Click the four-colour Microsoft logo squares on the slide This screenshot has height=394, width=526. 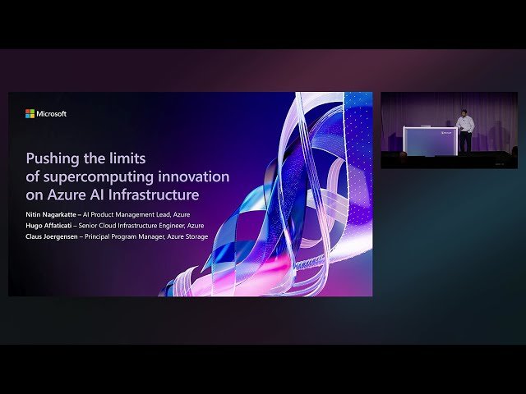30,114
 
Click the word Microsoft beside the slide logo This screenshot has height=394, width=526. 52,114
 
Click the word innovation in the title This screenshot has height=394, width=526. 198,176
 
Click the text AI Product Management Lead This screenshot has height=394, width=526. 141,213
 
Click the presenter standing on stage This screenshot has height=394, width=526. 464,131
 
